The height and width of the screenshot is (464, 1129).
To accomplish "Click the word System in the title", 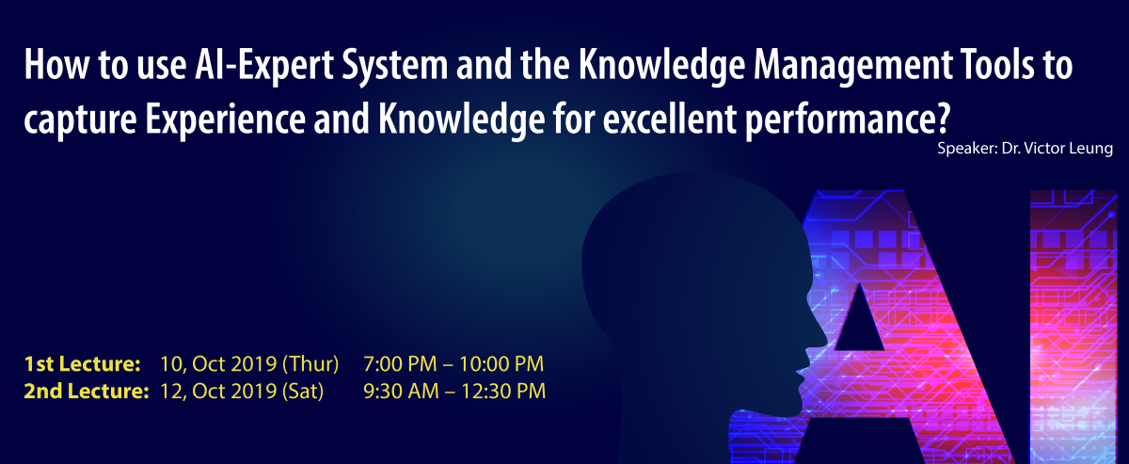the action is (x=394, y=66).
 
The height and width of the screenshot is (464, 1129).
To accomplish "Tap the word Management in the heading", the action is (x=852, y=66).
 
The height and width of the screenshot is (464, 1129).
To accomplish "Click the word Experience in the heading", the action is (x=225, y=120).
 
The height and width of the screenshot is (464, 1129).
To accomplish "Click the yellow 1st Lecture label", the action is (x=82, y=364).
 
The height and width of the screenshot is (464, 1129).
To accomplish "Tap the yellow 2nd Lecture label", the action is (x=87, y=392).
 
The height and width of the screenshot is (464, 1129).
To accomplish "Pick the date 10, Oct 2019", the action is (x=218, y=364).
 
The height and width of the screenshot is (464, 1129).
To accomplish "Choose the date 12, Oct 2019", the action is (x=218, y=392).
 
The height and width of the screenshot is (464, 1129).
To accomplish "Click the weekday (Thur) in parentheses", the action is (x=310, y=364).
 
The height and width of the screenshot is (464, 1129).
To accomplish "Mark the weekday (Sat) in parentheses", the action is (x=303, y=392).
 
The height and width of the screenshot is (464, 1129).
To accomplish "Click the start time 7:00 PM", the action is (x=400, y=364).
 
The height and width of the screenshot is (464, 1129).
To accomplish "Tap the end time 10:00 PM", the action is (x=501, y=364).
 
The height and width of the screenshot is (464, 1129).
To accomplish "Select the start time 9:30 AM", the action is (x=401, y=392).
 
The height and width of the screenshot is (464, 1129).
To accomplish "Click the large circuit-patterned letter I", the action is (x=1073, y=327).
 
